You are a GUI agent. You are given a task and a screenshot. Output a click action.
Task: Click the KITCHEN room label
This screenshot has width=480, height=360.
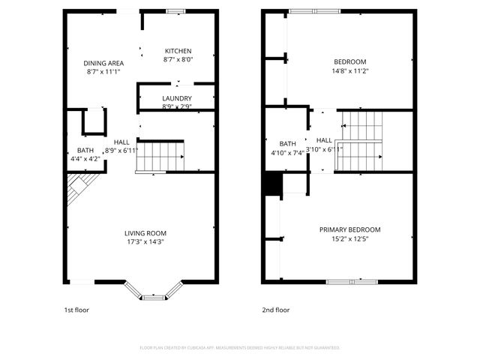coord(178,51)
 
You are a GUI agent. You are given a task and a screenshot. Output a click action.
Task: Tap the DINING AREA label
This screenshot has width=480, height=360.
coord(103,63)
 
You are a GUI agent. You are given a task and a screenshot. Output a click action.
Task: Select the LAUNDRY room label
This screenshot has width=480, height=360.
coord(177,98)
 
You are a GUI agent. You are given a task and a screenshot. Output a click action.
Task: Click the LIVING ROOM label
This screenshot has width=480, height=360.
coord(145,233)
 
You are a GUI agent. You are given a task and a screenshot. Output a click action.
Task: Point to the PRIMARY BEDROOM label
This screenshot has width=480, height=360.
coord(349,229)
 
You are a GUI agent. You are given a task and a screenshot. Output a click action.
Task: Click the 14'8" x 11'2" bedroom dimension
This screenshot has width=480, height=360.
coord(349,70)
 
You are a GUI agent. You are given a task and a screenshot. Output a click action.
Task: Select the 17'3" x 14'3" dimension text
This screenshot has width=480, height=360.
coord(145,241)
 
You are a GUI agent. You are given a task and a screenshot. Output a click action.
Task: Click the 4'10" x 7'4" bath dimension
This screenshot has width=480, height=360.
coord(288,153)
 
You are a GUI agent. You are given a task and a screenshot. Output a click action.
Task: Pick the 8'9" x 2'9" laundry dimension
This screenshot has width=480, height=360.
coord(177,106)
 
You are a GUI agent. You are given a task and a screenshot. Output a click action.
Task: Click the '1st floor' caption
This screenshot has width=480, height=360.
coord(76,309)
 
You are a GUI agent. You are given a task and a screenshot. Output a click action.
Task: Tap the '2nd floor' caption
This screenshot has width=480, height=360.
coord(276,309)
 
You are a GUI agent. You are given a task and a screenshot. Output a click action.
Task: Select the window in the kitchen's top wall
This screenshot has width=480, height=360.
coord(176,10)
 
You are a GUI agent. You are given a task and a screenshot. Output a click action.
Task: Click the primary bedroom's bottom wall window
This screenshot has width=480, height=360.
coord(352,282)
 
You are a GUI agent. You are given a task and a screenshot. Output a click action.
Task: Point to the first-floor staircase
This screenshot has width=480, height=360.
coord(160,157)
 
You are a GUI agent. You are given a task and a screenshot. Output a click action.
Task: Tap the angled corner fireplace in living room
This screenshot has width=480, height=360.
coord(79,187)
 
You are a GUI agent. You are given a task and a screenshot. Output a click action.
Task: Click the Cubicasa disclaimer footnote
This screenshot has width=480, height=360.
coord(240,347)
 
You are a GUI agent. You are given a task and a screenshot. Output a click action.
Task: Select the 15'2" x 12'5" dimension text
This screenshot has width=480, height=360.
coord(349,238)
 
